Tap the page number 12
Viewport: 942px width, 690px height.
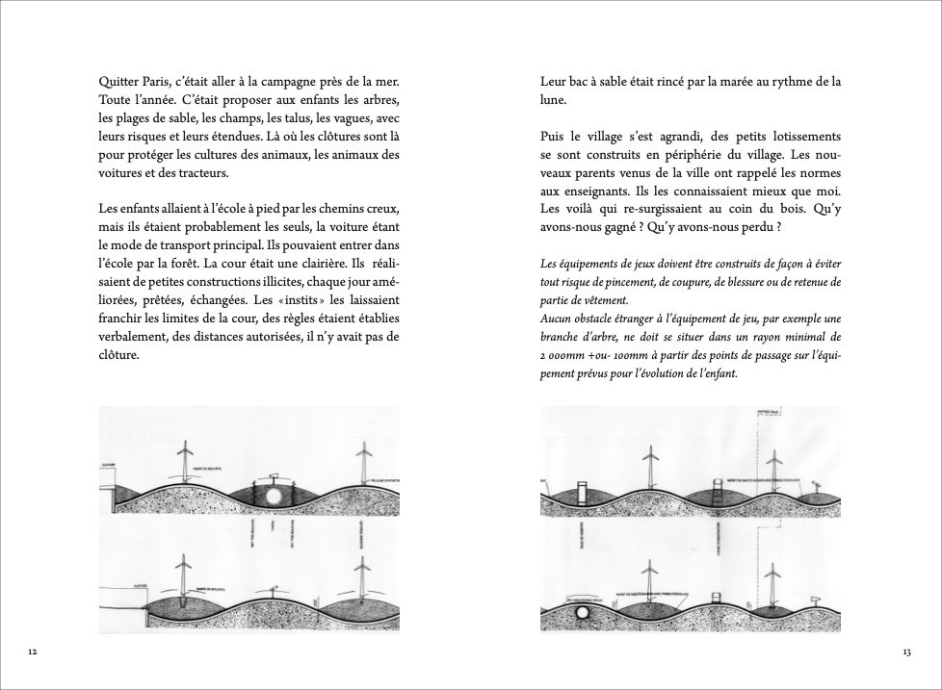[33, 652]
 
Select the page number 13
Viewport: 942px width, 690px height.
[906, 652]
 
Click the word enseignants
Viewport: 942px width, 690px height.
[585, 192]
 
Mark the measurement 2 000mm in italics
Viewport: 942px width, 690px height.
[563, 356]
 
